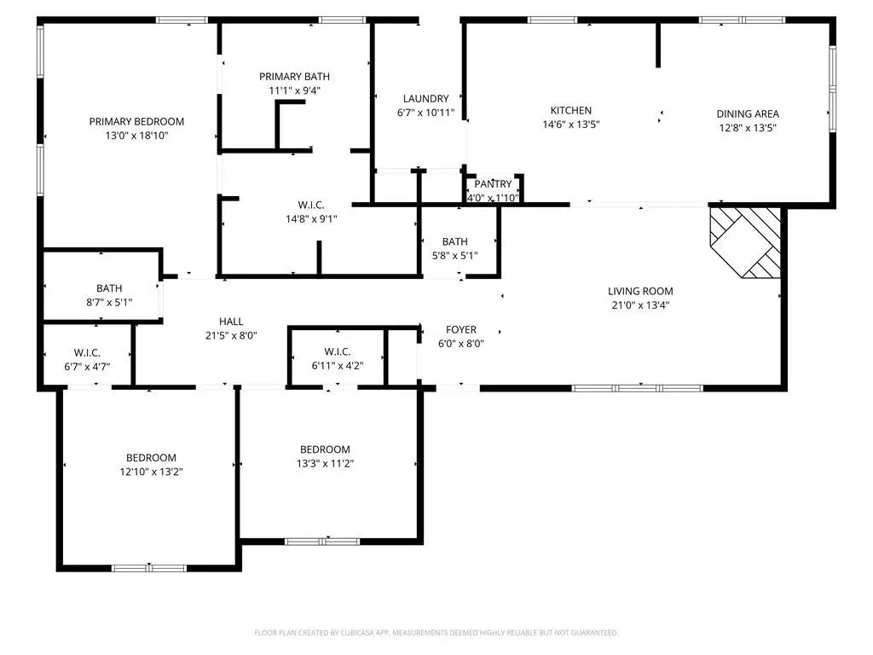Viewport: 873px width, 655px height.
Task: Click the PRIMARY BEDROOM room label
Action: (x=136, y=121)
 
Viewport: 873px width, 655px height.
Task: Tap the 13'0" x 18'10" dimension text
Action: (x=136, y=136)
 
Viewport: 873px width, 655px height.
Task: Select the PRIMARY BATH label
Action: (x=294, y=76)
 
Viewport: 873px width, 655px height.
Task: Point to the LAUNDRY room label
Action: (x=426, y=99)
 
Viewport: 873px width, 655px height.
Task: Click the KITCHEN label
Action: (x=571, y=110)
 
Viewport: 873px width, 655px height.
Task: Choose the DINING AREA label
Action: (x=748, y=113)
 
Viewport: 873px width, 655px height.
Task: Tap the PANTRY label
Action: (x=494, y=184)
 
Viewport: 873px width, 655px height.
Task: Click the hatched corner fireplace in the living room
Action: (x=745, y=242)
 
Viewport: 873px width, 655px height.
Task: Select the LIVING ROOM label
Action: (x=640, y=291)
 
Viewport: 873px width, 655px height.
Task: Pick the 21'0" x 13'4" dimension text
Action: (x=640, y=304)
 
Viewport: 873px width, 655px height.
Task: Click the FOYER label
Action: (x=461, y=330)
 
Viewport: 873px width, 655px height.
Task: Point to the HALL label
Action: (x=231, y=322)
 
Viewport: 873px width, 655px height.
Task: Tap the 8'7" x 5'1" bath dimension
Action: (x=109, y=303)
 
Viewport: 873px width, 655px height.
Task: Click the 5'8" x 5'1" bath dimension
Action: (x=455, y=256)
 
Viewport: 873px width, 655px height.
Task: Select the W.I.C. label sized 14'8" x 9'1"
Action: (x=311, y=205)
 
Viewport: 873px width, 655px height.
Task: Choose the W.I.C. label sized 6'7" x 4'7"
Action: (x=87, y=352)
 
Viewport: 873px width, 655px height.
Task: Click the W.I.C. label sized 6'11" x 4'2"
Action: (x=338, y=351)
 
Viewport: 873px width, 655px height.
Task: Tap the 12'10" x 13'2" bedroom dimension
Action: (x=152, y=472)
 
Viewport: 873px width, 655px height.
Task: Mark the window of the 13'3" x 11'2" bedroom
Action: (x=322, y=541)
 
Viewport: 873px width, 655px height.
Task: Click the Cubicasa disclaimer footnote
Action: (x=436, y=633)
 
